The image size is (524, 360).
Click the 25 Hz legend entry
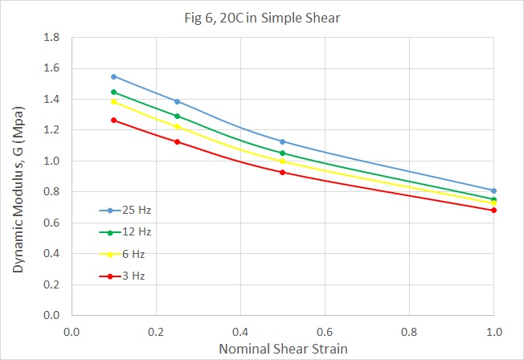(131, 211)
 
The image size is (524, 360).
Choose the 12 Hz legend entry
(131, 232)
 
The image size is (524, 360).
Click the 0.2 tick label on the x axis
(156, 329)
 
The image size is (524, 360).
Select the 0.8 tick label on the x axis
(409, 329)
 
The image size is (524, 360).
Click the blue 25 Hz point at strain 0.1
(113, 76)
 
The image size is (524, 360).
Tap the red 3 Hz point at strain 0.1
(113, 120)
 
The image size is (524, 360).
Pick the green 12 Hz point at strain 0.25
(177, 116)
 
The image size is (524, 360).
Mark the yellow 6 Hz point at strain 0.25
(177, 127)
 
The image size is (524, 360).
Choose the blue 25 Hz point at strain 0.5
(282, 141)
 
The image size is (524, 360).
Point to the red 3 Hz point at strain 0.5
(282, 172)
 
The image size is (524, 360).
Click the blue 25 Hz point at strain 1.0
(493, 190)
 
